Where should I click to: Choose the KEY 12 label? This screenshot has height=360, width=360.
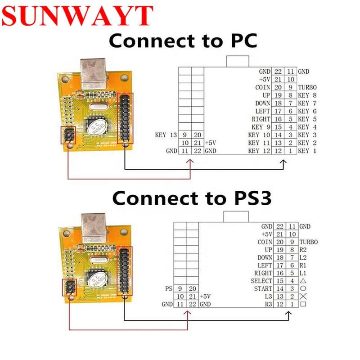(259, 151)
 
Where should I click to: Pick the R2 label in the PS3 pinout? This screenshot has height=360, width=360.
(302, 249)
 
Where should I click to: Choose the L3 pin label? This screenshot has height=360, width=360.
(267, 297)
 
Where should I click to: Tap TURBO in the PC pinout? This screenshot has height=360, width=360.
(307, 87)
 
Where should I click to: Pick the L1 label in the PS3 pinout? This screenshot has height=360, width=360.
(302, 273)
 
